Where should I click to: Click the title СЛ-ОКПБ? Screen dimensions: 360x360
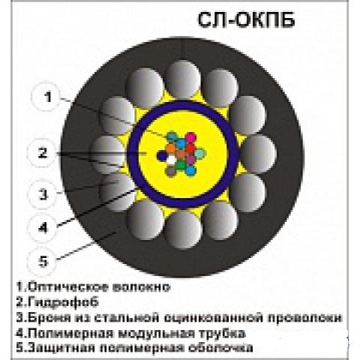click(246, 20)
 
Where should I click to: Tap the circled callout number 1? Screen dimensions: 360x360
click(46, 97)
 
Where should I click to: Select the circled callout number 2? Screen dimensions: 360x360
click(42, 153)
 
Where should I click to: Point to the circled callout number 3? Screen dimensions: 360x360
click(42, 194)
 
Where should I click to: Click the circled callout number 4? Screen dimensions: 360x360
click(42, 228)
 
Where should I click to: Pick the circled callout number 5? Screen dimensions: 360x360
click(42, 261)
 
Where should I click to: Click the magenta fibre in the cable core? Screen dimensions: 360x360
click(191, 137)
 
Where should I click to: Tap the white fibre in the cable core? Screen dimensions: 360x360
click(172, 160)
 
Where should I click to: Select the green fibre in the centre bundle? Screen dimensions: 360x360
click(181, 165)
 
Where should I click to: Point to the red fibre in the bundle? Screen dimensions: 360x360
click(190, 148)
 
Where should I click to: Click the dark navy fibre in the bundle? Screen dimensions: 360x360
click(162, 156)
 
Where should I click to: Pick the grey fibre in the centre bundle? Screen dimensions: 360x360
click(170, 172)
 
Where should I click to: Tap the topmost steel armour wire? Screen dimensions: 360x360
click(183, 79)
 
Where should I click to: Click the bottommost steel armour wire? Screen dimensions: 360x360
click(183, 229)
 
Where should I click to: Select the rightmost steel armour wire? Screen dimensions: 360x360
click(258, 154)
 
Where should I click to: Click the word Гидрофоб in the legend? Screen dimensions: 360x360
click(63, 301)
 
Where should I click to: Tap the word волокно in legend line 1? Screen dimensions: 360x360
click(141, 286)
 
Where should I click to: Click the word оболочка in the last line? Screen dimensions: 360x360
click(220, 348)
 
